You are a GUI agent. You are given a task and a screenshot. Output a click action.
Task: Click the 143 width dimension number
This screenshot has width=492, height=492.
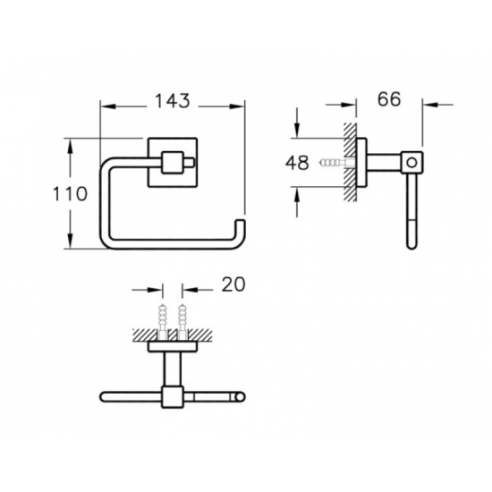pyautogui.click(x=173, y=101)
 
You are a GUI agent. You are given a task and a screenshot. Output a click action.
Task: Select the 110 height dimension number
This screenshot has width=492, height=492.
pyautogui.click(x=70, y=193)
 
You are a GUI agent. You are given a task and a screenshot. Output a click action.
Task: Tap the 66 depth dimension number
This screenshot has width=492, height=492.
pyautogui.click(x=389, y=98)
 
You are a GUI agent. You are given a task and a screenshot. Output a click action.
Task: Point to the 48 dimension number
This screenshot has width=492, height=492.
pyautogui.click(x=297, y=163)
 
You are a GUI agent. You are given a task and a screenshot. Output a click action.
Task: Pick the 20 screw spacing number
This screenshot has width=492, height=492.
pyautogui.click(x=233, y=284)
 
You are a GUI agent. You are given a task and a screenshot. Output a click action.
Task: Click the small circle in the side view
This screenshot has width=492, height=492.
pyautogui.click(x=412, y=163)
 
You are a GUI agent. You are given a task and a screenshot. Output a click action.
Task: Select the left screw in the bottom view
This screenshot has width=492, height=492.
pyautogui.click(x=163, y=321)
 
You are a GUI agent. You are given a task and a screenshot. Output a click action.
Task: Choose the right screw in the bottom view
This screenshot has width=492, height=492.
pyautogui.click(x=182, y=321)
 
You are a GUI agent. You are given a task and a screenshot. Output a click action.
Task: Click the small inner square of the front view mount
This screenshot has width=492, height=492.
pyautogui.click(x=173, y=163)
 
